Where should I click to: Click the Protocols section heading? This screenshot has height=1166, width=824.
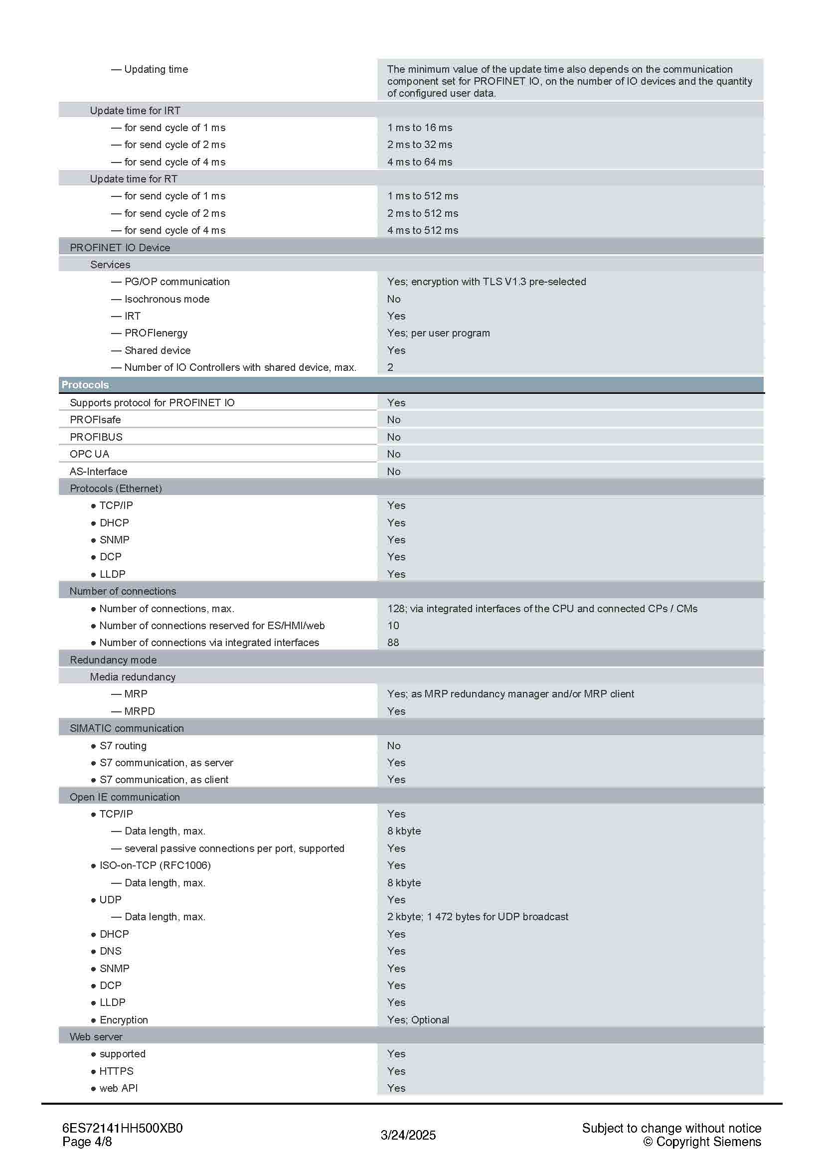pyautogui.click(x=85, y=384)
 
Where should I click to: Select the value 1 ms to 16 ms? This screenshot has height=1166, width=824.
pyautogui.click(x=419, y=128)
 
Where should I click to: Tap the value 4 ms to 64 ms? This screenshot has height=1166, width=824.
pyautogui.click(x=419, y=162)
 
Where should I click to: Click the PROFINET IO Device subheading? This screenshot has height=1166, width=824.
pyautogui.click(x=120, y=247)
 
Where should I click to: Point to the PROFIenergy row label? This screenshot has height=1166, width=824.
pyautogui.click(x=156, y=333)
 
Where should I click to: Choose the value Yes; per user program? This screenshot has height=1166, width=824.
pyautogui.click(x=438, y=333)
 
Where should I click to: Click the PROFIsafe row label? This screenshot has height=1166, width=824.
pyautogui.click(x=95, y=419)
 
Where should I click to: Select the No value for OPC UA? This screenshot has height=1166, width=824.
pyautogui.click(x=393, y=454)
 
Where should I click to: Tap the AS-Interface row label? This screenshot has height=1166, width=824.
pyautogui.click(x=99, y=471)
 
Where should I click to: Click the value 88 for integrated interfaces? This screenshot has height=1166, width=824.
pyautogui.click(x=393, y=643)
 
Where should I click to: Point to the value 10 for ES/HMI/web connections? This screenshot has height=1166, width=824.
pyautogui.click(x=393, y=625)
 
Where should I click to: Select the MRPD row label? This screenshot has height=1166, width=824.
pyautogui.click(x=140, y=711)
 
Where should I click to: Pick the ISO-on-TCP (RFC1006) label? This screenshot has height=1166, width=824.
pyautogui.click(x=155, y=865)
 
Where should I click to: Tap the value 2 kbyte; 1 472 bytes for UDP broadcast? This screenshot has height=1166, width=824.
pyautogui.click(x=477, y=917)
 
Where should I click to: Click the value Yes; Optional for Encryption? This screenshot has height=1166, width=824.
pyautogui.click(x=418, y=1020)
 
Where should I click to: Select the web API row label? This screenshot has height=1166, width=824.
pyautogui.click(x=118, y=1088)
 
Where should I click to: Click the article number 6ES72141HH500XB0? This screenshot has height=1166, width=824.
pyautogui.click(x=122, y=1128)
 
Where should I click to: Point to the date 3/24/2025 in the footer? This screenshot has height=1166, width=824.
pyautogui.click(x=408, y=1135)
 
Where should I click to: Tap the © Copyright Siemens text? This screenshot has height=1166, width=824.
pyautogui.click(x=702, y=1142)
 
